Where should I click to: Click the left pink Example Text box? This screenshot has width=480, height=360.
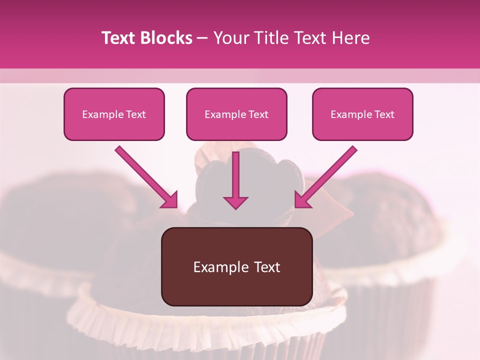(x=114, y=114)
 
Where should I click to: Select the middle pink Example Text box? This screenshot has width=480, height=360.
(x=236, y=114)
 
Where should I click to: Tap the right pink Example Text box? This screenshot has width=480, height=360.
(x=362, y=114)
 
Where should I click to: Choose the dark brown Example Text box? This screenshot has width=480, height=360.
(x=236, y=266)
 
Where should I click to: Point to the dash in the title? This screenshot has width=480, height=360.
(x=202, y=38)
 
